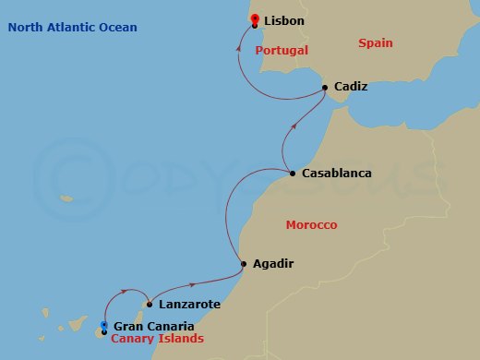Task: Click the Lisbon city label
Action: click(x=283, y=20)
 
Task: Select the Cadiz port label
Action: click(x=351, y=87)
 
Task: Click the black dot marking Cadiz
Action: click(x=326, y=89)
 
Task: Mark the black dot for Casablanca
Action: click(x=293, y=174)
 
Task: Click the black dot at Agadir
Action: click(x=244, y=264)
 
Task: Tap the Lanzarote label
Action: click(x=189, y=304)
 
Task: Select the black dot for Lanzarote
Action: click(x=150, y=304)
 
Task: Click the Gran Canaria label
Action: click(x=152, y=326)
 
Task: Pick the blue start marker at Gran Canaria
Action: click(x=104, y=326)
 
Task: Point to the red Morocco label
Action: click(x=311, y=225)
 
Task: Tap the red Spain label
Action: click(x=376, y=43)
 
